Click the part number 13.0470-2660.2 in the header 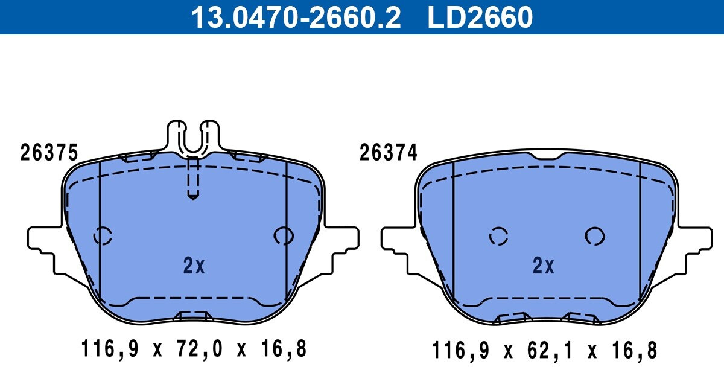click(296, 18)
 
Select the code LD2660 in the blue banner click(480, 18)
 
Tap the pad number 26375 click(49, 152)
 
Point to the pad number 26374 click(388, 152)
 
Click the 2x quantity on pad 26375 click(194, 266)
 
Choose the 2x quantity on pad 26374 click(544, 266)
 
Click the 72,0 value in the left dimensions click(200, 349)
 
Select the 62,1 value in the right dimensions click(551, 351)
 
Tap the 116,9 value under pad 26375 click(110, 349)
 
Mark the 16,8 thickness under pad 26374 click(635, 351)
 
